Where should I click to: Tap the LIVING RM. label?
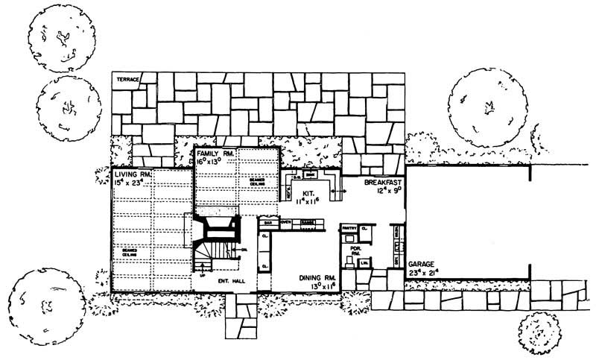(x=129, y=173)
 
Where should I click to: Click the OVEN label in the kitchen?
(x=285, y=222)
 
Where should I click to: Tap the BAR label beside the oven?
(x=266, y=222)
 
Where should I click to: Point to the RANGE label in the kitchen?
(x=305, y=222)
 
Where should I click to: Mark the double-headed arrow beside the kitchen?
(x=340, y=192)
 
